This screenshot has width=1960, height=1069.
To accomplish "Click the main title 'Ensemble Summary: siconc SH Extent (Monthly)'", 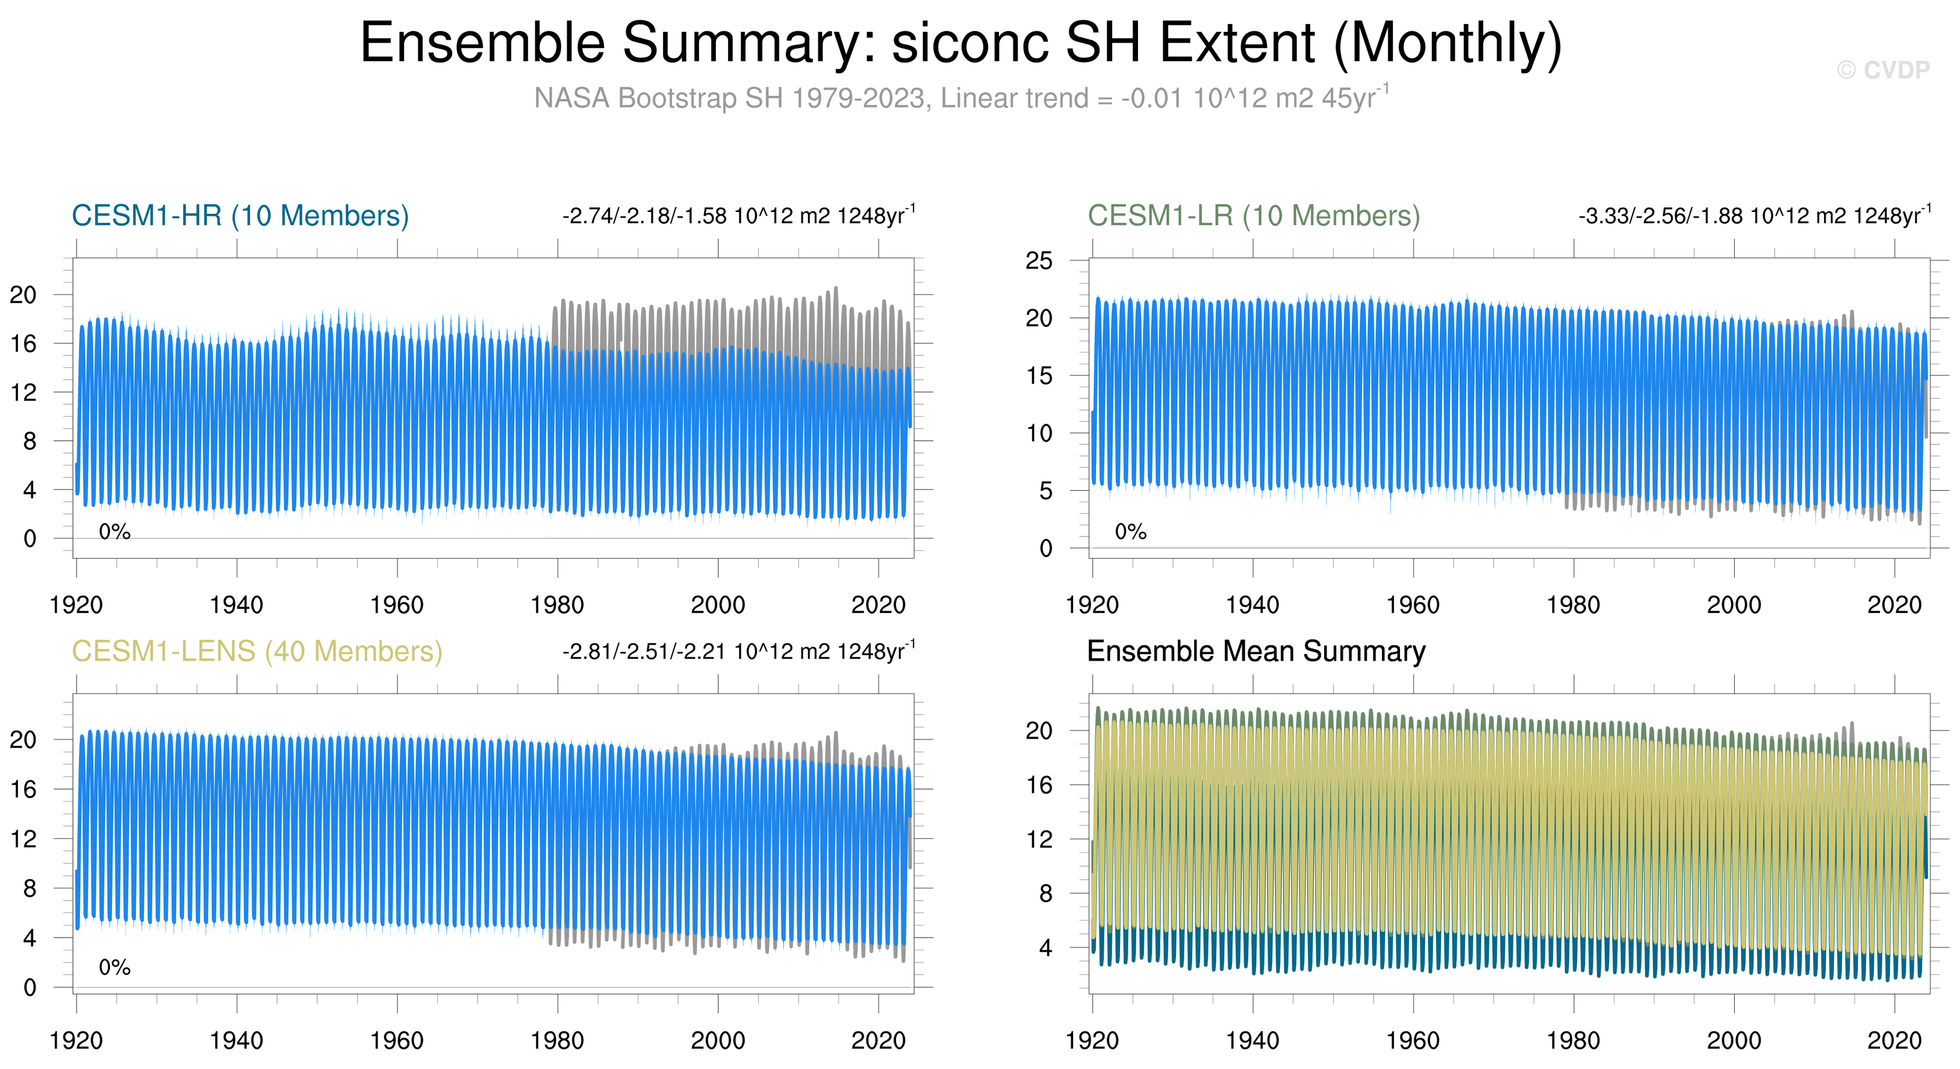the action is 961,43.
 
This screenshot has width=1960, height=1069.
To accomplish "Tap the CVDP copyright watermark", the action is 1883,70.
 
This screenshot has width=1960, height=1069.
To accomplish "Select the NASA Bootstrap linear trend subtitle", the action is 961,98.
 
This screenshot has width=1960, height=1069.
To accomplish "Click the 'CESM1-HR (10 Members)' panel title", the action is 240,216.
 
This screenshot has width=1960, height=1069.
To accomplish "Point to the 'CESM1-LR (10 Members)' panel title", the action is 1254,216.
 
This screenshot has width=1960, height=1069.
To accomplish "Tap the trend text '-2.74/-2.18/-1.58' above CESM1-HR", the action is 644,216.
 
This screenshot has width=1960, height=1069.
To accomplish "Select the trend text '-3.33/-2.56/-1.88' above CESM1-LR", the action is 1660,216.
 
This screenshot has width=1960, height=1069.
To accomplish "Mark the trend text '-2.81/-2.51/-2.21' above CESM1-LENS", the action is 644,652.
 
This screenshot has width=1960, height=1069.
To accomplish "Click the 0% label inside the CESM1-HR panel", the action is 115,532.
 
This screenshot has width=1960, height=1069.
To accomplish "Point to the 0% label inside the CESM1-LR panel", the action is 1131,532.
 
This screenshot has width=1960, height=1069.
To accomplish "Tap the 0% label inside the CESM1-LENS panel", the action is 115,968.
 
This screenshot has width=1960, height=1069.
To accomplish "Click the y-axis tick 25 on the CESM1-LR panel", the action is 1039,261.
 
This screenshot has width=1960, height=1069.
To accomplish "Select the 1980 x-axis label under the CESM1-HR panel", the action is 557,606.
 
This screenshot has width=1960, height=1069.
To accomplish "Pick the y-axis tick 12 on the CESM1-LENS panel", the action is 23,839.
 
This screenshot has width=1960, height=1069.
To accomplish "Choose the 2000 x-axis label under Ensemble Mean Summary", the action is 1734,1041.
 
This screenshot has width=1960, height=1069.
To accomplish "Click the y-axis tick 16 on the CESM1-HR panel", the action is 23,344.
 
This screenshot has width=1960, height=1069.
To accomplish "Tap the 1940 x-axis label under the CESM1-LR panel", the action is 1252,606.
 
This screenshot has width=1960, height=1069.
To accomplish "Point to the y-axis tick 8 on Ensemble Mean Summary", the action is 1046,893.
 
